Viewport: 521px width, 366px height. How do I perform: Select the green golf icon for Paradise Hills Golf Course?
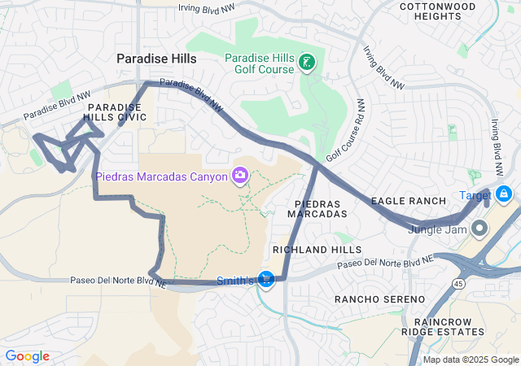tap(307, 62)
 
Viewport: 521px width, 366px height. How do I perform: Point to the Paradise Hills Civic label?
tap(117, 112)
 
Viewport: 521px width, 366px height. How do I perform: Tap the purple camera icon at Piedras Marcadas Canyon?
tap(240, 175)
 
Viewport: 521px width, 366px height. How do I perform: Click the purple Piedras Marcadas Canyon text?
tap(162, 176)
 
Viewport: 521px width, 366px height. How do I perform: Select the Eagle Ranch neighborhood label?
tap(409, 201)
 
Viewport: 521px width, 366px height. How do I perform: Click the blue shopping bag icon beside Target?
tap(504, 194)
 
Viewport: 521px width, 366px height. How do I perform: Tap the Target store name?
tap(475, 195)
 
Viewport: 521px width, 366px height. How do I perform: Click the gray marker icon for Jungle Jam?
tap(479, 228)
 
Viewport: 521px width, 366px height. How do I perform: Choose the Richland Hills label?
tap(316, 250)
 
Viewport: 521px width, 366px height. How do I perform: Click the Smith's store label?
tap(234, 281)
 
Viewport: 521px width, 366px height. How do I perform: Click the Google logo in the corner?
tap(27, 356)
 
